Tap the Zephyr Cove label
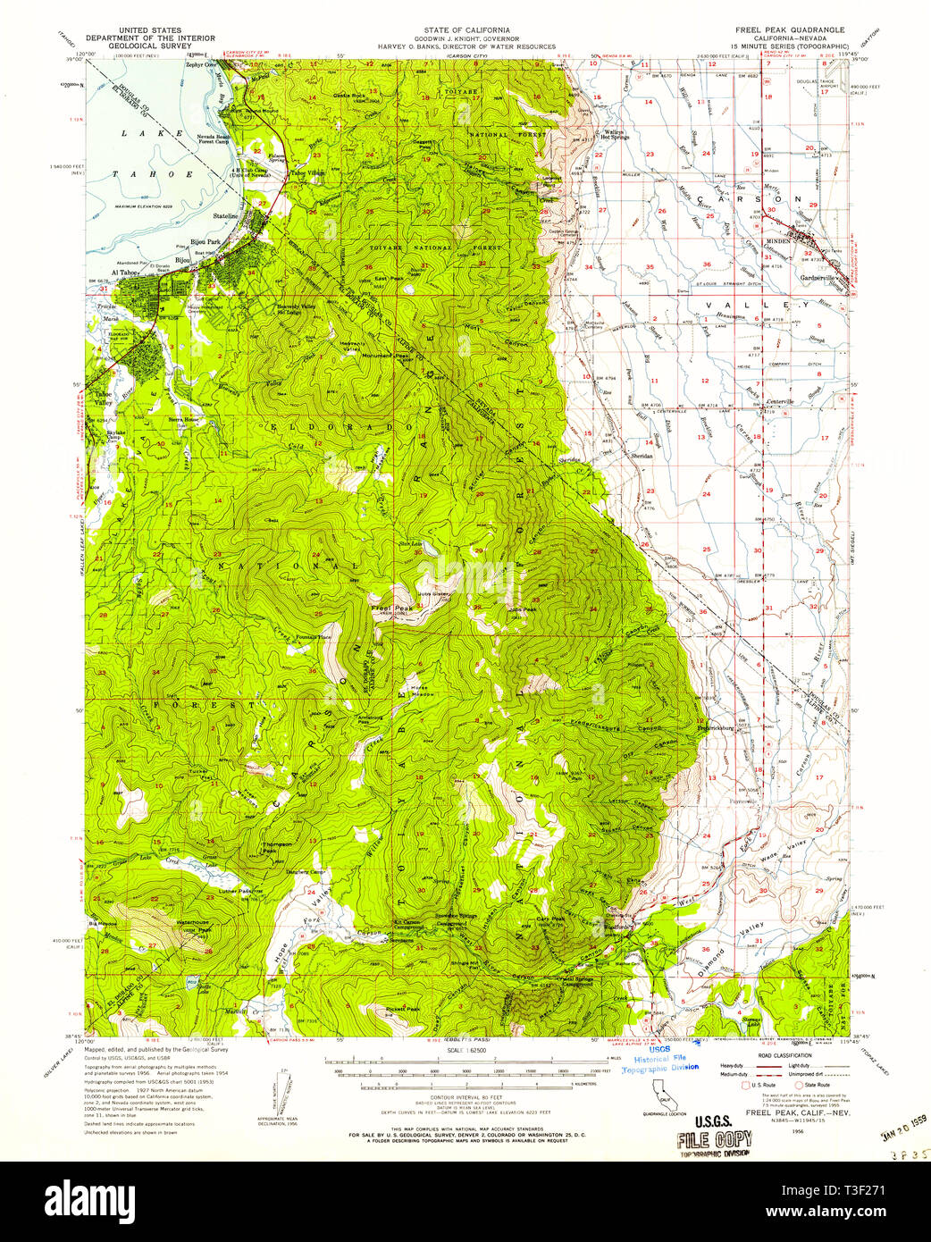pyautogui.click(x=204, y=65)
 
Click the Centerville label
pyautogui.click(x=782, y=402)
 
